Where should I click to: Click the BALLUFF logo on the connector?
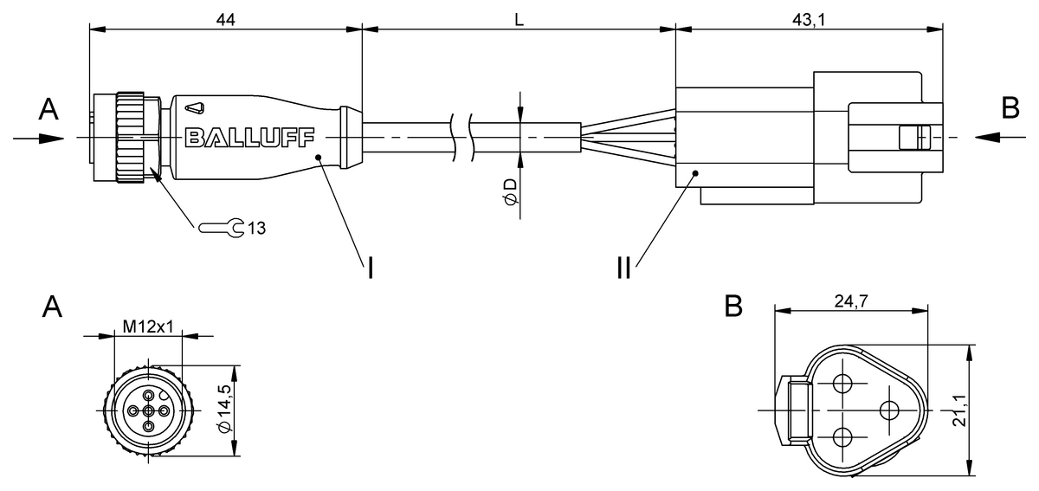point(250,138)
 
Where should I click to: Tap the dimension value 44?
point(225,20)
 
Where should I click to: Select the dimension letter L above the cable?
point(519,20)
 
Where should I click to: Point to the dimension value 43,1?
point(809,20)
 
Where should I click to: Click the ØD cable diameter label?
point(510,191)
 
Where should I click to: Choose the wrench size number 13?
point(256,229)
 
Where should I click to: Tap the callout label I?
point(371,268)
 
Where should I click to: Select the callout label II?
point(624,268)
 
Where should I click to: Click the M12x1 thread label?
point(148,326)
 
